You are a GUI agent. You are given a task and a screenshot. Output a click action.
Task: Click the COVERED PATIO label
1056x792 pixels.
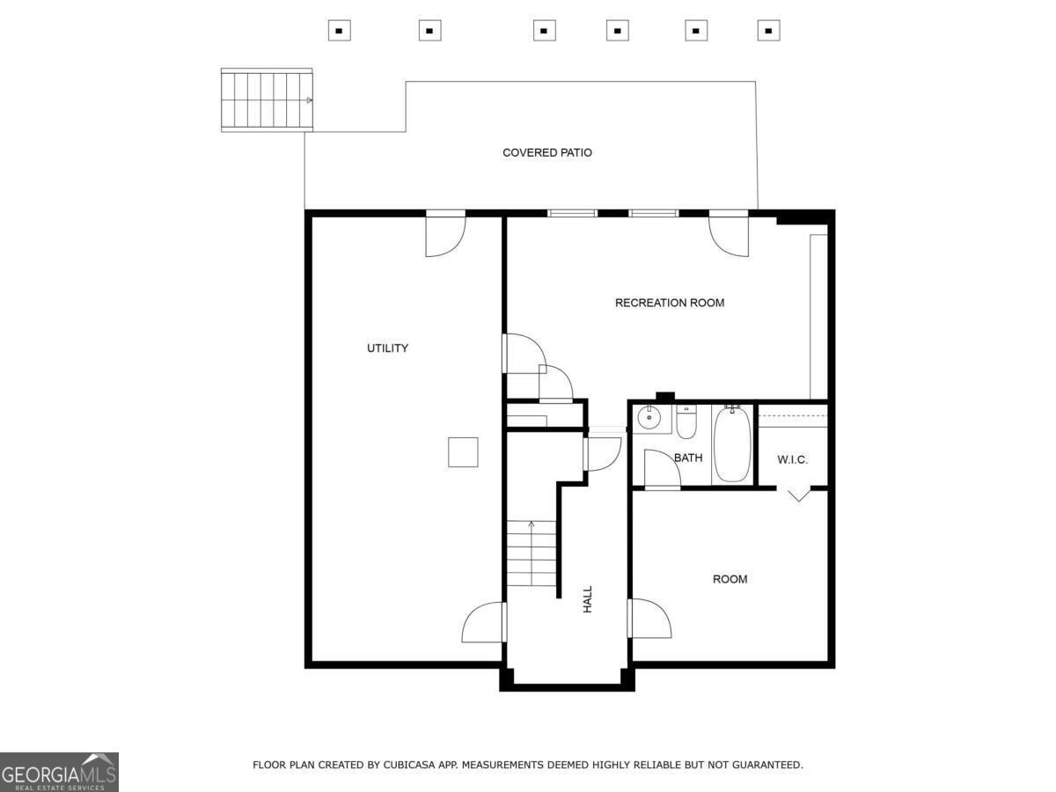[547, 152]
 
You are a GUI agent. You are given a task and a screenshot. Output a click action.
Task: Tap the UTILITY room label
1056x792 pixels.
[387, 348]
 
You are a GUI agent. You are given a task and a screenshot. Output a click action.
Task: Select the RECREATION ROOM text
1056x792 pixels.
[670, 303]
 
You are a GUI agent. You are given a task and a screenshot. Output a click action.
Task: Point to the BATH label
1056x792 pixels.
[688, 458]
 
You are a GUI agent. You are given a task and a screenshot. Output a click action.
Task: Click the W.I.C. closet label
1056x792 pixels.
[792, 460]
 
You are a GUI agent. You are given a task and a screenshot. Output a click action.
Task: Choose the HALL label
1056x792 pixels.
[588, 599]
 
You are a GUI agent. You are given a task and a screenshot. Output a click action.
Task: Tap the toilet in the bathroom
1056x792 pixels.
[686, 422]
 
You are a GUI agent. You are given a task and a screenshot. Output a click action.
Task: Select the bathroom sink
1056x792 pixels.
[649, 418]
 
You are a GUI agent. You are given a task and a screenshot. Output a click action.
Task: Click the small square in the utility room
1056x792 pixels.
[463, 452]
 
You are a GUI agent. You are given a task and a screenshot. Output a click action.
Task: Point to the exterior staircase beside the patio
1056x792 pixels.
[267, 100]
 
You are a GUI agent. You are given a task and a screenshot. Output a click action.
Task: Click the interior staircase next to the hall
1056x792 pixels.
[531, 554]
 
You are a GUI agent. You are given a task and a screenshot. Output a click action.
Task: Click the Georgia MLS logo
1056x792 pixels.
[59, 772]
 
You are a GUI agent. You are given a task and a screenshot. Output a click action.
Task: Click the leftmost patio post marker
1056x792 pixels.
[340, 31]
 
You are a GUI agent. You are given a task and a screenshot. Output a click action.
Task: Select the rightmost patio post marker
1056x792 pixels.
[768, 31]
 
